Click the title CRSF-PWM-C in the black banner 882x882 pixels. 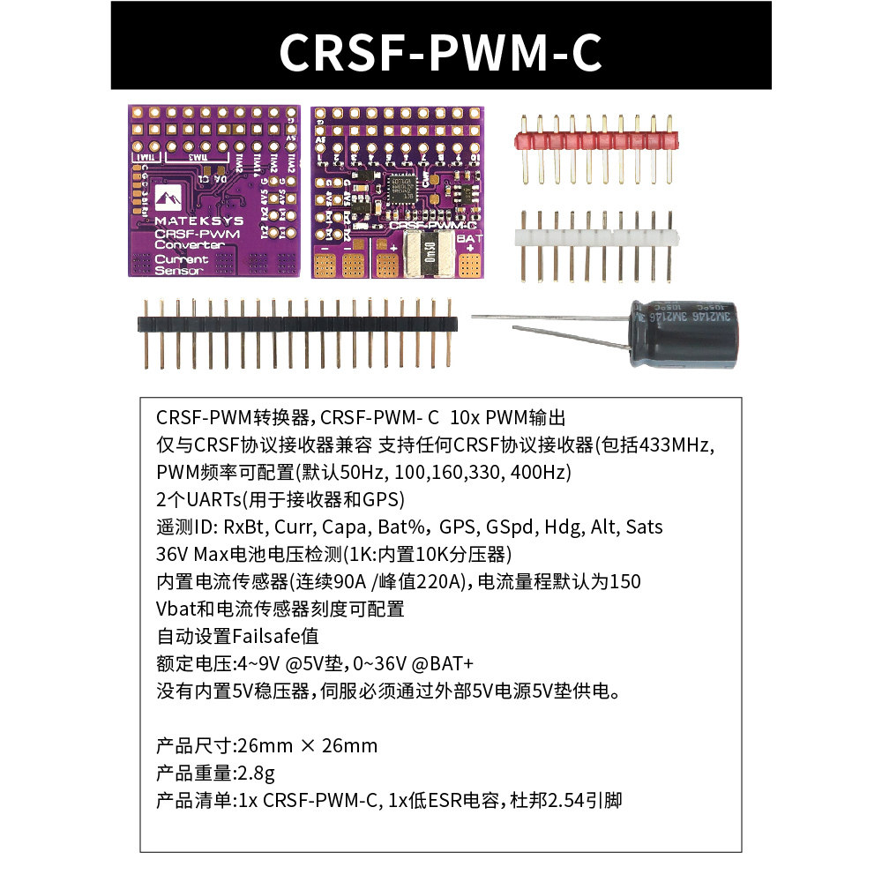coord(440,51)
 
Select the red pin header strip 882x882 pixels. coord(594,138)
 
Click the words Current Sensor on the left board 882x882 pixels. coord(181,265)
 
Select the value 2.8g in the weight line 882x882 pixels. coord(256,774)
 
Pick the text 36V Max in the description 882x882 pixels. coord(191,555)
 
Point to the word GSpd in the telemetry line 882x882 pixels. coord(512,527)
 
